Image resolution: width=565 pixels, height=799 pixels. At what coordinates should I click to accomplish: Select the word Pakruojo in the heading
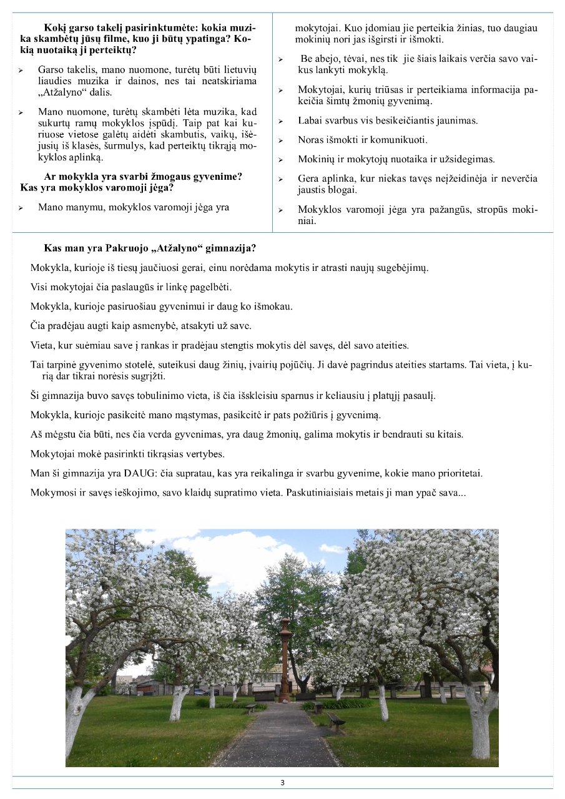coord(113,248)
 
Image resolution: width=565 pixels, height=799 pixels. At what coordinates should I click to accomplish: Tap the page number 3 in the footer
coord(282,783)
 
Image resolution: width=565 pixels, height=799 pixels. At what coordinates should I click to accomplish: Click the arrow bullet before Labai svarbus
coord(281,120)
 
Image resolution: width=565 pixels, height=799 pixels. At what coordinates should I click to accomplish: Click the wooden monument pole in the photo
coord(285,655)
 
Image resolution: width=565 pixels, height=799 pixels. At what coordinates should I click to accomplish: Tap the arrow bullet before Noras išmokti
coord(281,140)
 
